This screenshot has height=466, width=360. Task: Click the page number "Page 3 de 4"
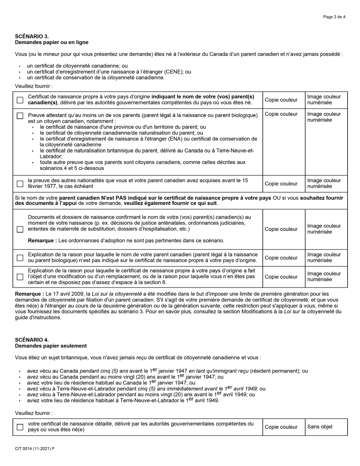(x=334, y=17)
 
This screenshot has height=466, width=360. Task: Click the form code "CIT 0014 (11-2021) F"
(x=34, y=449)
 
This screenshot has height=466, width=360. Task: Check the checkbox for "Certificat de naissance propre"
(x=20, y=100)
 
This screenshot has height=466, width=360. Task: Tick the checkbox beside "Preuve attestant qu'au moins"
(x=20, y=116)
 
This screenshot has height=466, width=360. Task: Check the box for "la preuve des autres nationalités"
(x=20, y=184)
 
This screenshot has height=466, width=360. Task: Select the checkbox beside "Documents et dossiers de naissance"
(x=20, y=229)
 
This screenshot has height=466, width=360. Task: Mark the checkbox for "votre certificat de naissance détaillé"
(x=20, y=427)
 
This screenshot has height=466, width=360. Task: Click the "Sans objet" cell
(x=320, y=427)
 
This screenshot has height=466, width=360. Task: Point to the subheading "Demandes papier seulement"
(x=51, y=346)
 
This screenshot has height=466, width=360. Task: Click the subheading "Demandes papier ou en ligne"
(x=52, y=42)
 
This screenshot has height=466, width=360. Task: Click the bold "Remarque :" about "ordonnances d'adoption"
(x=42, y=241)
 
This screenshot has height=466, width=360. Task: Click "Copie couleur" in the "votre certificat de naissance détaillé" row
(x=281, y=427)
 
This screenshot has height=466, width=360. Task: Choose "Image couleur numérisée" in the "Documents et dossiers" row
(x=324, y=229)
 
